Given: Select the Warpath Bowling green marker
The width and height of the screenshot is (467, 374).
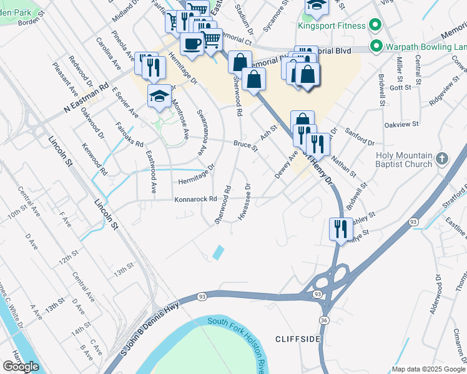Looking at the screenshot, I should click(x=376, y=46).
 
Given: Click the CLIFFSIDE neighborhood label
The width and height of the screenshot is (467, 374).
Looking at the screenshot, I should click(x=298, y=338).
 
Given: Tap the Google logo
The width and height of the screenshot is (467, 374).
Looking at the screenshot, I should click(x=21, y=367).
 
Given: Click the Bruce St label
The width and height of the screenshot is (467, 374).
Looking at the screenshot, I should click(x=246, y=145).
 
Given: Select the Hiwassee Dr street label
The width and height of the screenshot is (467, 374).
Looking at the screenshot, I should click(x=244, y=201).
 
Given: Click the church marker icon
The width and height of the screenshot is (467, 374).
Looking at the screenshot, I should click(x=443, y=158).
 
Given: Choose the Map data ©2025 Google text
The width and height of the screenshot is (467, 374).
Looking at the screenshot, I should click(x=428, y=368).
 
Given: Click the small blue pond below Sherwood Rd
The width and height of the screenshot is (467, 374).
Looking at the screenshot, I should click(x=218, y=252).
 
